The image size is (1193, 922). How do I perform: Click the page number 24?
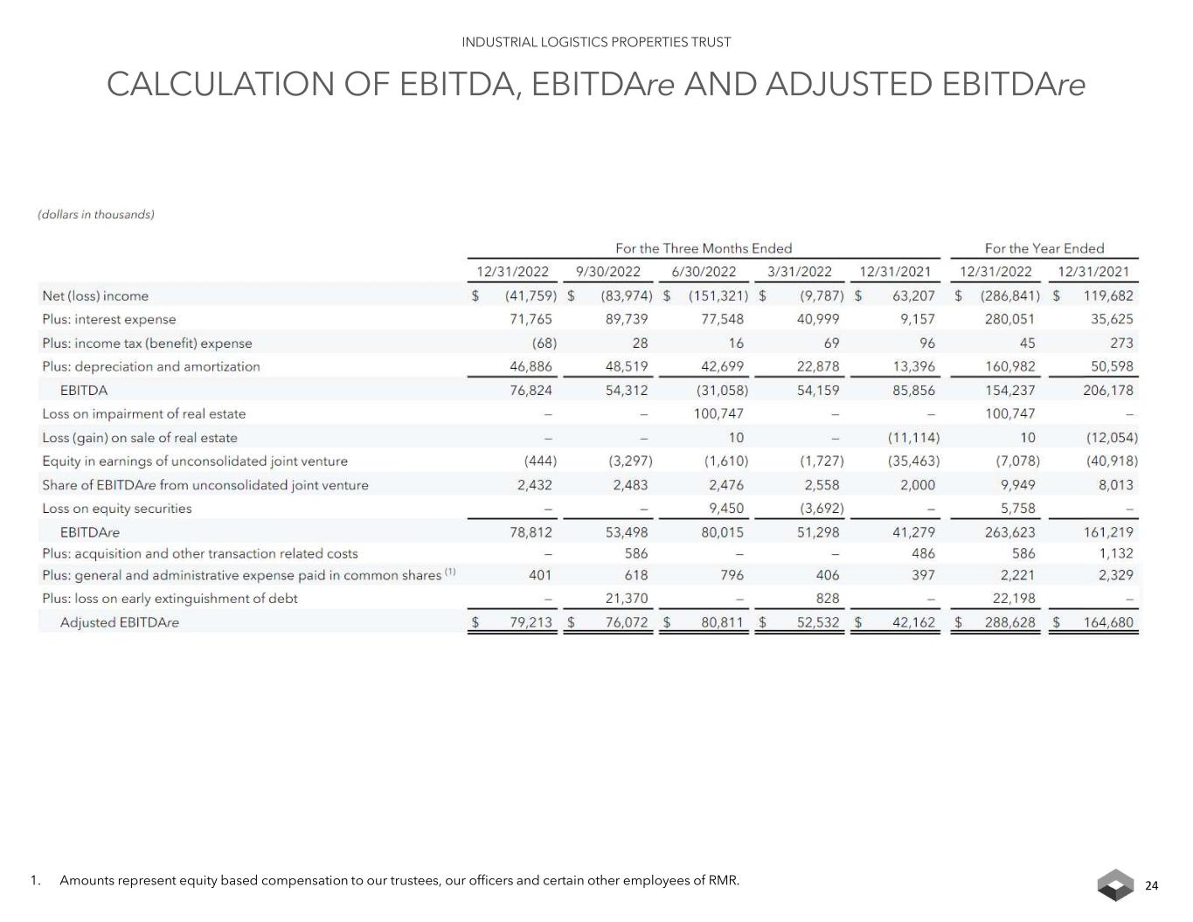pyautogui.click(x=1151, y=886)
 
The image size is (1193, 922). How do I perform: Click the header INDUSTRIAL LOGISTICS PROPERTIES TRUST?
pyautogui.click(x=596, y=42)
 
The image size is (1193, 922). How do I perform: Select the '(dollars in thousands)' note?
pyautogui.click(x=96, y=214)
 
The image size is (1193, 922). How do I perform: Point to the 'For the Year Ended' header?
pyautogui.click(x=1044, y=248)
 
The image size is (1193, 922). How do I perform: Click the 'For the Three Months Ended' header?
pyautogui.click(x=704, y=248)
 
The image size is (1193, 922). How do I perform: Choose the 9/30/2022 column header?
pyautogui.click(x=608, y=272)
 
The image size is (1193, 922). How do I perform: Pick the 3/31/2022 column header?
pyautogui.click(x=800, y=272)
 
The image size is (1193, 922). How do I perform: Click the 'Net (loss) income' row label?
pyautogui.click(x=95, y=296)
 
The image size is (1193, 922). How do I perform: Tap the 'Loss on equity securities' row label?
pyautogui.click(x=117, y=509)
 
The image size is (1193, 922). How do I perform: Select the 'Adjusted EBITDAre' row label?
pyautogui.click(x=119, y=622)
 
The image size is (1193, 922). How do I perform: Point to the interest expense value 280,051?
pyautogui.click(x=1009, y=320)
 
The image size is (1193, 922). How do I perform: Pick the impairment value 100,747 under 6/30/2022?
pyautogui.click(x=718, y=414)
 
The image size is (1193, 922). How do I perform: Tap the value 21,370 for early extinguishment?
pyautogui.click(x=627, y=599)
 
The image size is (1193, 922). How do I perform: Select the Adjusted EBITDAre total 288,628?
pyautogui.click(x=1009, y=622)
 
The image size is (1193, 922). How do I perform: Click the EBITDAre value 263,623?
pyautogui.click(x=1009, y=532)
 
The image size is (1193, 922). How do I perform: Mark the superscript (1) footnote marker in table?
pyautogui.click(x=450, y=572)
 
